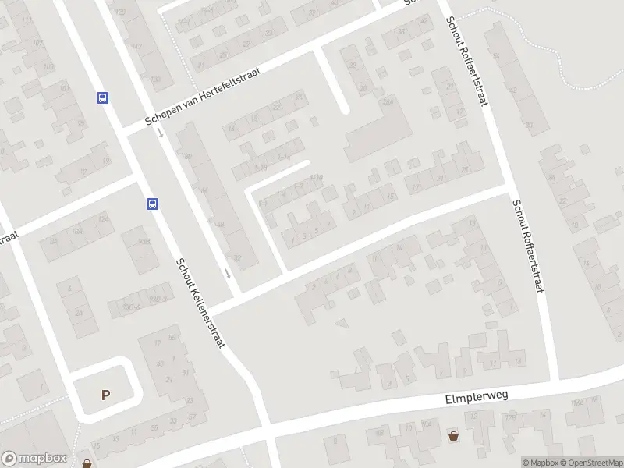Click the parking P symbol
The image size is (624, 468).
tap(105, 395)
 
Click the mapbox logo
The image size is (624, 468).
tap(34, 459)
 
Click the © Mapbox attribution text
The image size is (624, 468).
tap(540, 463)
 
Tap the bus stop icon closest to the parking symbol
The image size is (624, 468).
tap(152, 204)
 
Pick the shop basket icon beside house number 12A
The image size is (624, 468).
tap(454, 434)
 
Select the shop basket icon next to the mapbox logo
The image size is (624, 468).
tap(87, 463)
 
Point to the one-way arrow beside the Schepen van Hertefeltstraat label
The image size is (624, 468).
tap(160, 133)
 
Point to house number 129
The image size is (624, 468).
tap(119, 12)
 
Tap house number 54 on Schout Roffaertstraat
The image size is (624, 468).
tap(497, 56)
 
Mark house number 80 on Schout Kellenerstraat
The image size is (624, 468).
tap(187, 156)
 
